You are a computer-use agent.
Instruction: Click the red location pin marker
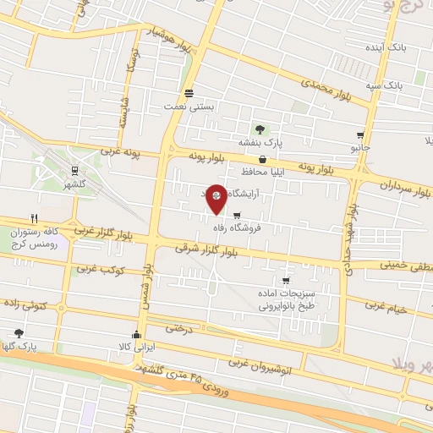[x=216, y=197]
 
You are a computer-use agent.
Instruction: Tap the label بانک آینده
[x=392, y=47]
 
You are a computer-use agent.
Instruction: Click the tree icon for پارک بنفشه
[x=260, y=129]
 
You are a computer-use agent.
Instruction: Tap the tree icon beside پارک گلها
[x=19, y=333]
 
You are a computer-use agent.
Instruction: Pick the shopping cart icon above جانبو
[x=361, y=135]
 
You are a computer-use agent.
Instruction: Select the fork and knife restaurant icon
[x=34, y=216]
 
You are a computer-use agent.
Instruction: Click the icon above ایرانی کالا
[x=137, y=335]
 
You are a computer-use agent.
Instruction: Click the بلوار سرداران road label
[x=397, y=184]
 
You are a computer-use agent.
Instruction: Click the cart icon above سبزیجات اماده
[x=286, y=281]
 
